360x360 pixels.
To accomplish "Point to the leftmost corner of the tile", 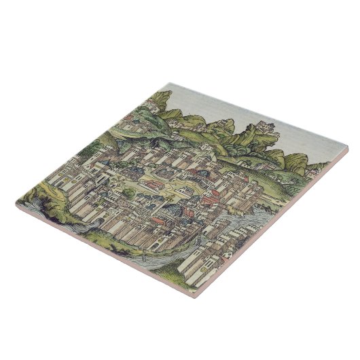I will [x=15, y=202].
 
